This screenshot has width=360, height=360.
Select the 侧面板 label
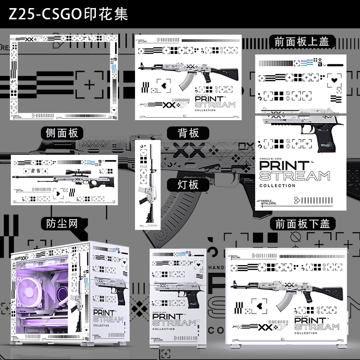click(x=62, y=133)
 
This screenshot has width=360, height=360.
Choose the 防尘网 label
click(x=62, y=224)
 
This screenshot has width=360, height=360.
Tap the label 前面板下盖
click(x=302, y=224)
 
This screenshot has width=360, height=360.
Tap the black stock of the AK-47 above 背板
click(x=227, y=72)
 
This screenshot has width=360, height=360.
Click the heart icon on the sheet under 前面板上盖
click(x=333, y=80)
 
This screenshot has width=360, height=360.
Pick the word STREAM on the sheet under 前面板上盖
click(x=295, y=176)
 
